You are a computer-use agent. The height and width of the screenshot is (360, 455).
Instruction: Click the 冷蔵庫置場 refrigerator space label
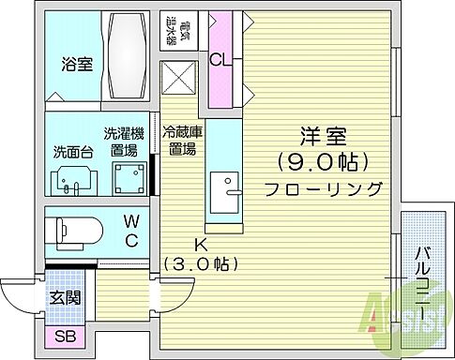(x=179, y=141)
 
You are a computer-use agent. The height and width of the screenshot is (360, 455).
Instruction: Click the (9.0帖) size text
(x=321, y=161)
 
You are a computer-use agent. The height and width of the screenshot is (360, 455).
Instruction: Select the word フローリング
(x=322, y=188)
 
